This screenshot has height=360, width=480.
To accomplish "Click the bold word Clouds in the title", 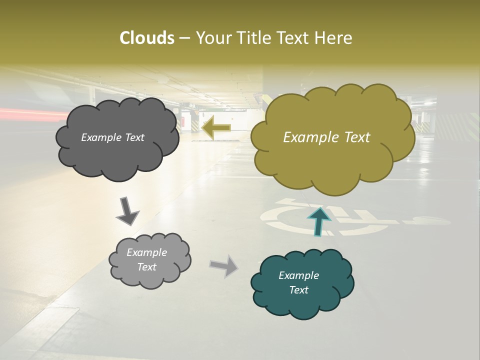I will [x=146, y=38].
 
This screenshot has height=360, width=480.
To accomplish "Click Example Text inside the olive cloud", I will [x=326, y=137].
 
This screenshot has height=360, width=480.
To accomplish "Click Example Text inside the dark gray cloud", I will [x=112, y=137].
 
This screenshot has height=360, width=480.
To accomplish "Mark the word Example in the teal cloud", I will [x=298, y=275].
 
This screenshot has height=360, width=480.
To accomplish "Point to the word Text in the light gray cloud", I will [x=146, y=267].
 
